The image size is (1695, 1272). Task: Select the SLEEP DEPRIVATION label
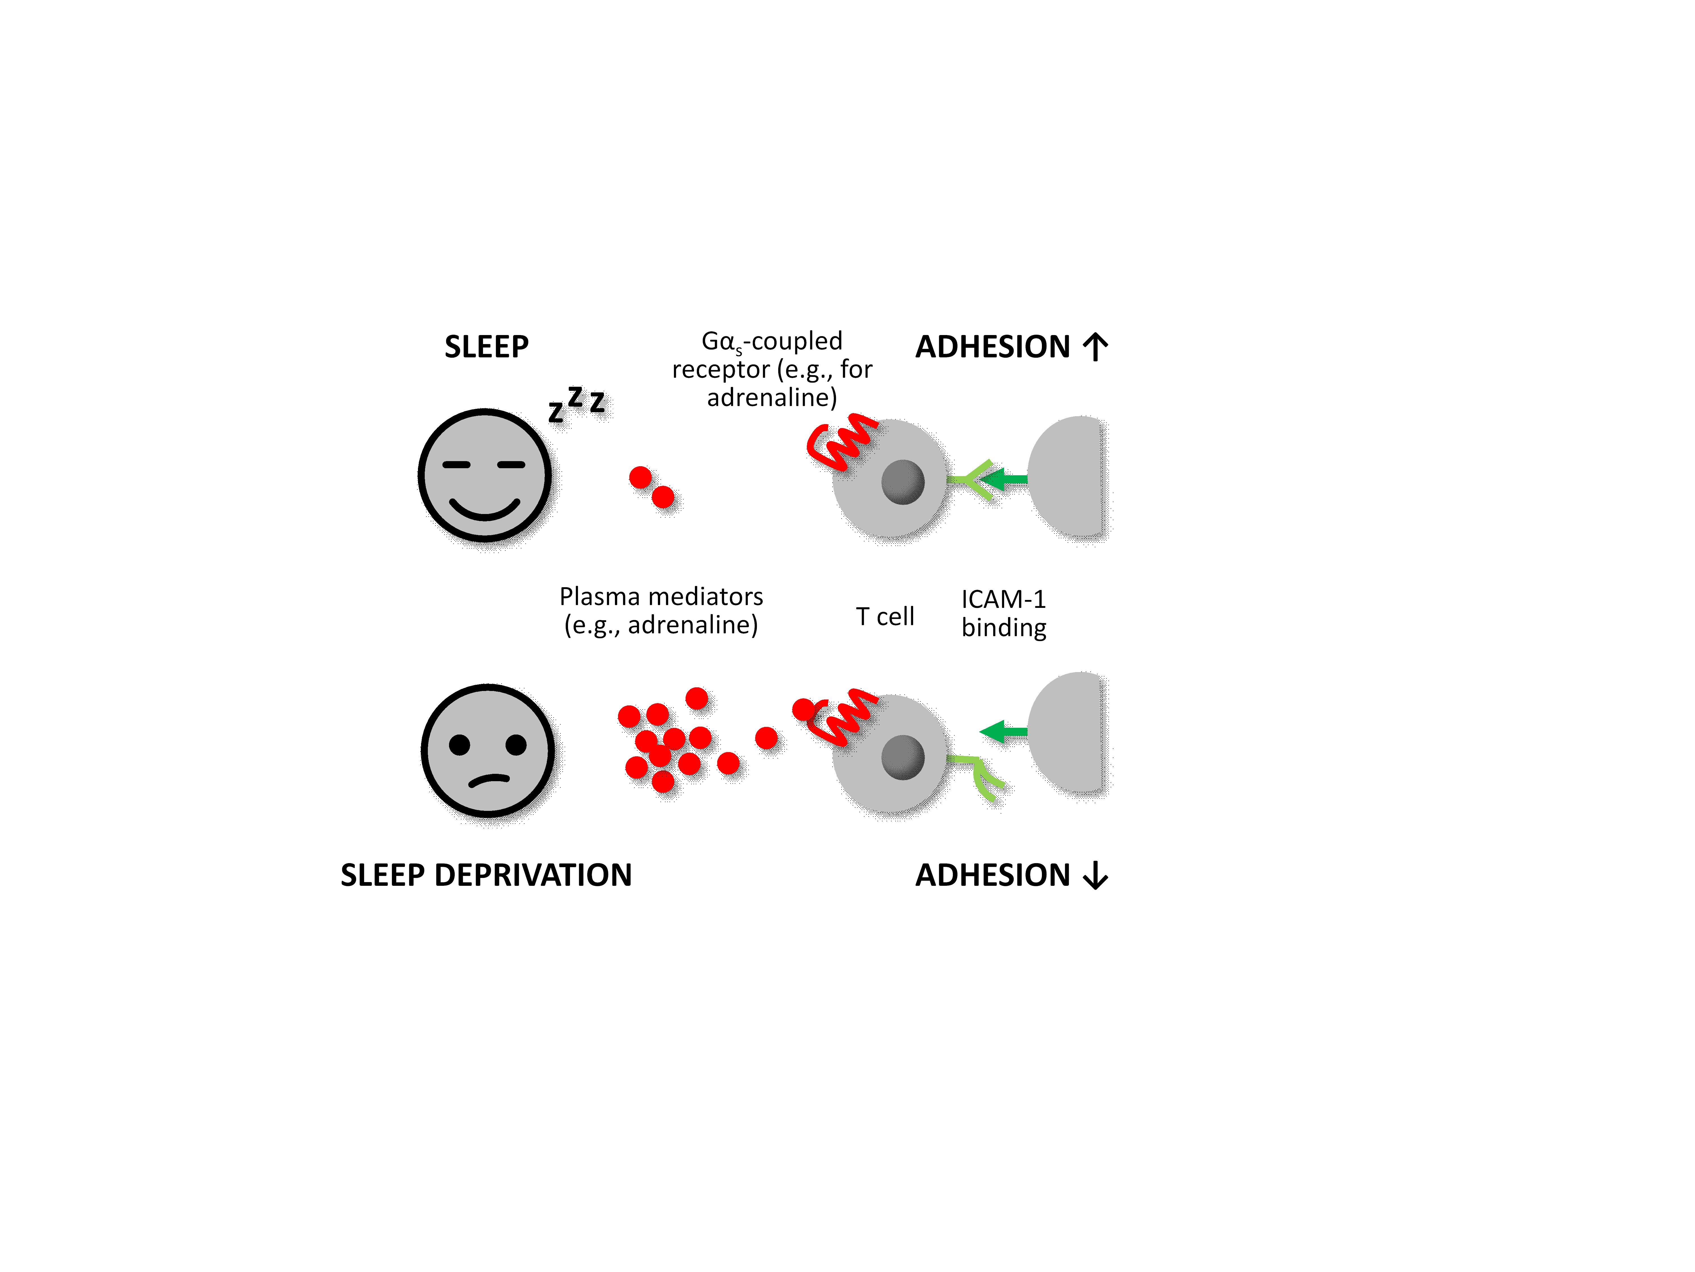pyautogui.click(x=486, y=875)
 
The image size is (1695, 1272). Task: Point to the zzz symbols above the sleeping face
pyautogui.click(x=576, y=403)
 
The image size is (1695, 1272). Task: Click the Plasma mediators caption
pyautogui.click(x=660, y=610)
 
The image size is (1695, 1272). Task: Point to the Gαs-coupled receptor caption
pyautogui.click(x=772, y=369)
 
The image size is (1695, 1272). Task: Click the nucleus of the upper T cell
pyautogui.click(x=903, y=481)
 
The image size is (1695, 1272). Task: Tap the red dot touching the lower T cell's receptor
pyautogui.click(x=803, y=709)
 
